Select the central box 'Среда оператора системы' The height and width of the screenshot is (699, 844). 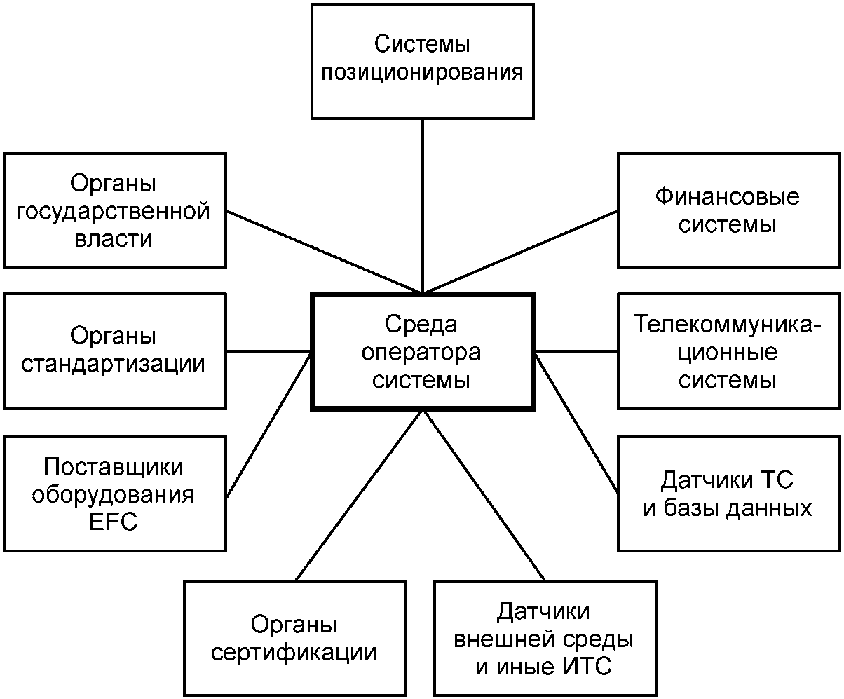pos(422,351)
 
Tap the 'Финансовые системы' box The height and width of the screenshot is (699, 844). pos(728,210)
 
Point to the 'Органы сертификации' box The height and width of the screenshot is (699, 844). pos(294,638)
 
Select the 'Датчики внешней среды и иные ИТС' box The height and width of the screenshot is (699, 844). pos(544,638)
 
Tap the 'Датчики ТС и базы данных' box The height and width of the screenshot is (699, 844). pos(728,493)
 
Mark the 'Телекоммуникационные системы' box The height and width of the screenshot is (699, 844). pos(728,351)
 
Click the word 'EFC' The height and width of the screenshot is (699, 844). pos(114,522)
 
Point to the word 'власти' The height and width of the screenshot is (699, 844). pos(114,238)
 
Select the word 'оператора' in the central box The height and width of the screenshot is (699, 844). pos(422,353)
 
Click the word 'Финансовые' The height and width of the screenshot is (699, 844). pos(728,196)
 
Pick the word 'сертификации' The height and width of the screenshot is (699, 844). pos(294,653)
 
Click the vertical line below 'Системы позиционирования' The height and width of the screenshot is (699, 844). pos(422,203)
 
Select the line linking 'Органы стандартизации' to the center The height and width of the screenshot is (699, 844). pos(269,351)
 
